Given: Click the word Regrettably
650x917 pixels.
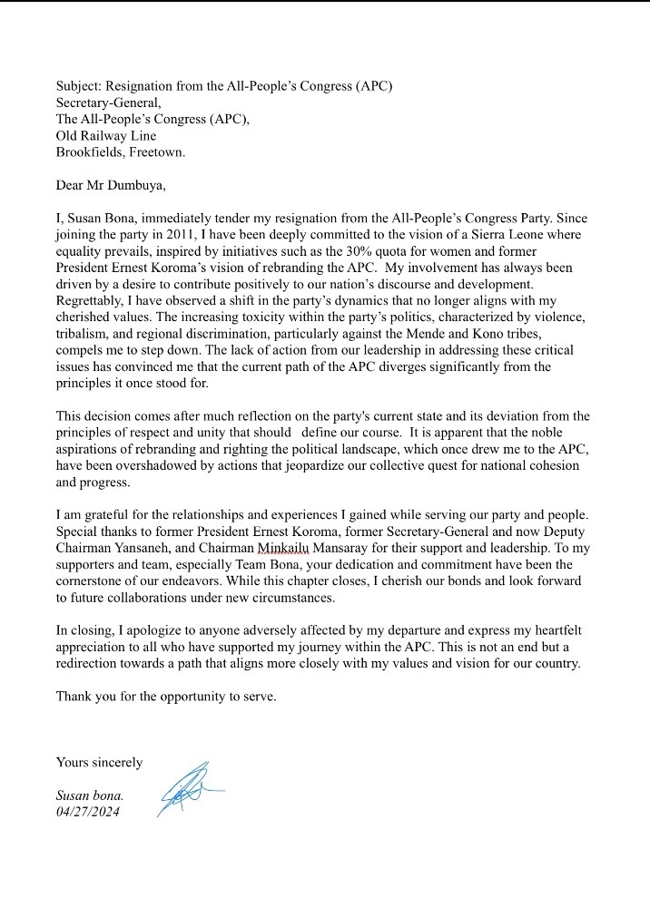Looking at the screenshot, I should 94,299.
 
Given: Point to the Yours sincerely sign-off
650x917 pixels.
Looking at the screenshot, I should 99,762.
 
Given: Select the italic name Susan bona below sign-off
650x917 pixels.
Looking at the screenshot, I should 90,795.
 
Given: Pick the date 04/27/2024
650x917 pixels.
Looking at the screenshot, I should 87,811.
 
